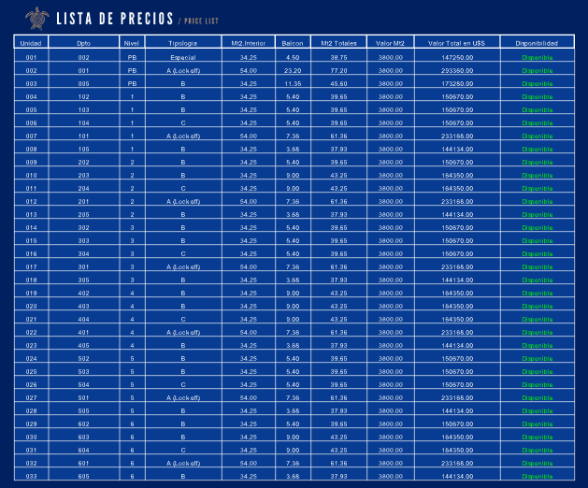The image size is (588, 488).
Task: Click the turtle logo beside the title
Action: tap(38, 18)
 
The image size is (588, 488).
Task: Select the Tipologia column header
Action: tap(182, 43)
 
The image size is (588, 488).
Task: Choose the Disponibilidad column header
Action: tap(537, 43)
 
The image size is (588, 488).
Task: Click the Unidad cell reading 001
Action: tap(31, 57)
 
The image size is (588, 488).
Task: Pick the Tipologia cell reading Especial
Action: tap(182, 57)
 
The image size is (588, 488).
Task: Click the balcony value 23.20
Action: tap(292, 70)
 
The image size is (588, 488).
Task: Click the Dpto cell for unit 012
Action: tap(83, 201)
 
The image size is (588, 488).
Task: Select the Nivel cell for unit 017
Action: tap(132, 266)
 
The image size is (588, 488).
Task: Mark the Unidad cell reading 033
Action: tap(31, 476)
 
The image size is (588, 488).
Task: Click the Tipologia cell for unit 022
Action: tap(182, 332)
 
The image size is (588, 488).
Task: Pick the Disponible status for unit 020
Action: tap(537, 306)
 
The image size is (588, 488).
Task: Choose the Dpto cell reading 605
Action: tap(83, 476)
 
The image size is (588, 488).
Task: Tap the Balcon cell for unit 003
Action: tap(292, 83)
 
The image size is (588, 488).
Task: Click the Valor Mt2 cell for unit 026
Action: tap(391, 384)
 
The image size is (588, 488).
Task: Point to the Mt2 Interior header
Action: tap(248, 43)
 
